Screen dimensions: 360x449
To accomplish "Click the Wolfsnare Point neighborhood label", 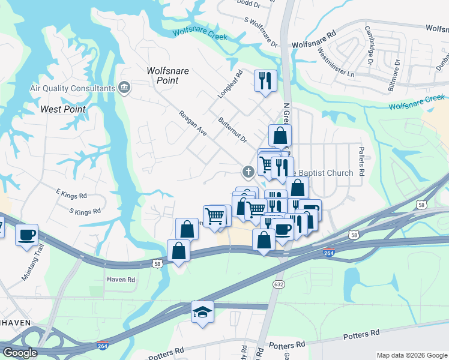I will click(168, 76).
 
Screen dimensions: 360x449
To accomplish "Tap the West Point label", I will click(63, 109).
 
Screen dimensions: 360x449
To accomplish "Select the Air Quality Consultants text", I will click(73, 88).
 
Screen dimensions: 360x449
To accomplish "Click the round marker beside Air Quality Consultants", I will click(124, 88).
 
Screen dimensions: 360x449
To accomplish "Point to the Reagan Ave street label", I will click(192, 122).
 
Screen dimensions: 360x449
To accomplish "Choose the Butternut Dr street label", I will click(233, 130).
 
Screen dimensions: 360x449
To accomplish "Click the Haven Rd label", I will click(121, 280).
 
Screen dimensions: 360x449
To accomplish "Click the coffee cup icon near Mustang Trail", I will click(26, 234).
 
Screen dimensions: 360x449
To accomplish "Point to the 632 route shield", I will click(279, 283).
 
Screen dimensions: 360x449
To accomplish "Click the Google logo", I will click(20, 353).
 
